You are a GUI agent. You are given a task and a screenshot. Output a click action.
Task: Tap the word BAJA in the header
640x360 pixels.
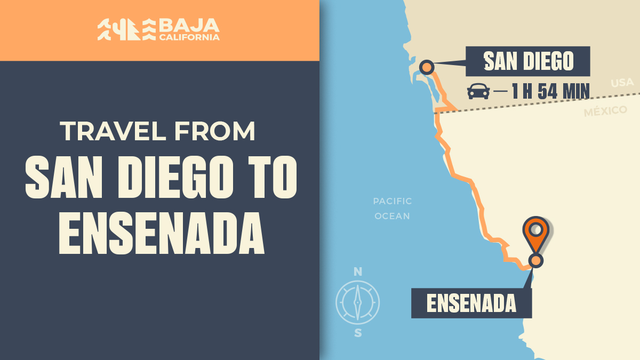click(189, 25)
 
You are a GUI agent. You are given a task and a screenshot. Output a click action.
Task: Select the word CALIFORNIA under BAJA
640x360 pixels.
click(189, 37)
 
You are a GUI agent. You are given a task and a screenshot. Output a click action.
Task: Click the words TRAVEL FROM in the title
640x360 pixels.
click(158, 132)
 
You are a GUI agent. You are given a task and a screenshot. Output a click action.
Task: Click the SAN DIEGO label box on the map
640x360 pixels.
click(528, 62)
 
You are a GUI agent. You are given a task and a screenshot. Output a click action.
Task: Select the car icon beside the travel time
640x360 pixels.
click(478, 91)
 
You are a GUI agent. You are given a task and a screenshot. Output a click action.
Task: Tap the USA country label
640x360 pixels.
click(622, 83)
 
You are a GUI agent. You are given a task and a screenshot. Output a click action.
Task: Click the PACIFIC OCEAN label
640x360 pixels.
click(392, 209)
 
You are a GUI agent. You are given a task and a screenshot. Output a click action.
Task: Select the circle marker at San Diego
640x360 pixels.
click(427, 67)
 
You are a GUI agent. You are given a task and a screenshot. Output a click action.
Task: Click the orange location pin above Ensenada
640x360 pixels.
click(536, 233)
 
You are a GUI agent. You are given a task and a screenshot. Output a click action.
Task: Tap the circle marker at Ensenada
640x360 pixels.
click(536, 260)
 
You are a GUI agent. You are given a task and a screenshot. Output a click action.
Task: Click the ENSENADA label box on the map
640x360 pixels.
click(471, 303)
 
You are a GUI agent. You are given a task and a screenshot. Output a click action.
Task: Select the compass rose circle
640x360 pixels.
click(358, 302)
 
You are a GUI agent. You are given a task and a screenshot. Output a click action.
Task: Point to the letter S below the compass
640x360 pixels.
click(358, 334)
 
